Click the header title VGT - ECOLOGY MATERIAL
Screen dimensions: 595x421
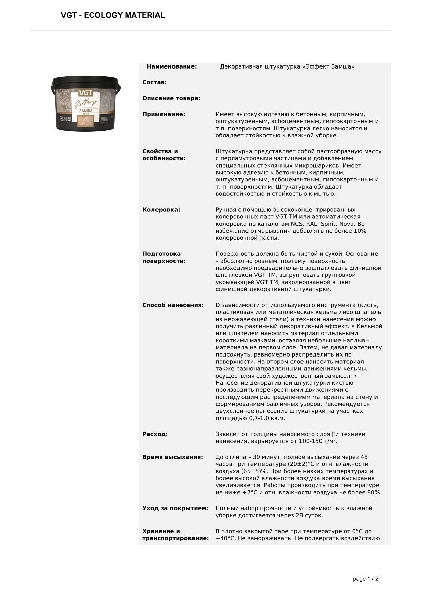pyautogui.click(x=113, y=15)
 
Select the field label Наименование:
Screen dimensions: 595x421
pyautogui.click(x=172, y=67)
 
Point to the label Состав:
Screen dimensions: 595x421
pyautogui.click(x=154, y=83)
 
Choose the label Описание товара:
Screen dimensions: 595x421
pyautogui.click(x=171, y=99)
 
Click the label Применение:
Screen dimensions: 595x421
pyautogui.click(x=164, y=115)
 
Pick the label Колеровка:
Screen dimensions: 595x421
pyautogui.click(x=161, y=210)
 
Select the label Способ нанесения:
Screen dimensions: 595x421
pyautogui.click(x=173, y=305)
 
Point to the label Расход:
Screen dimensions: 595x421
pyautogui.click(x=155, y=434)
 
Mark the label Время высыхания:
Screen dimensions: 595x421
pyautogui.click(x=173, y=457)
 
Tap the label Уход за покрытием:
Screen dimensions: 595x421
pyautogui.click(x=176, y=508)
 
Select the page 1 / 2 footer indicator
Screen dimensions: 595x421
pyautogui.click(x=366, y=579)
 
